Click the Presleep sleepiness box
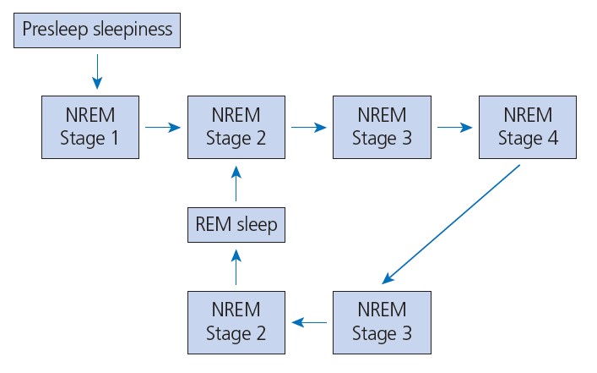coord(97,30)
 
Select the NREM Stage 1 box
coord(90,127)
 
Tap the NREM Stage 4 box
coord(528,127)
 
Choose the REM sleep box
coord(236,225)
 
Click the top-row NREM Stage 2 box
coord(236,127)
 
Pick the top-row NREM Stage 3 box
coord(383,127)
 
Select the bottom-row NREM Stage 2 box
coord(236,322)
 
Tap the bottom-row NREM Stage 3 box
coord(383,322)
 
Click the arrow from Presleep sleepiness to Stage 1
coord(97,72)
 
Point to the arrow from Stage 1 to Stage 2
coord(163,127)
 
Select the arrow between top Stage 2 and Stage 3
coord(309,127)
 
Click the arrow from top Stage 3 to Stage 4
coord(455,127)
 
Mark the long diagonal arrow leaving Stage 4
coord(451,225)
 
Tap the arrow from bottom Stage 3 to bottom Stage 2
coord(309,322)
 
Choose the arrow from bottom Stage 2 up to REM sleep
coord(236,267)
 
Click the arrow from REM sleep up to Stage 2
coord(236,184)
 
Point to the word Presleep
coord(56,30)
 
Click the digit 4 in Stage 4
coord(553,138)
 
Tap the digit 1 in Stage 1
coord(115,138)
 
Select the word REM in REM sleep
coord(213,224)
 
